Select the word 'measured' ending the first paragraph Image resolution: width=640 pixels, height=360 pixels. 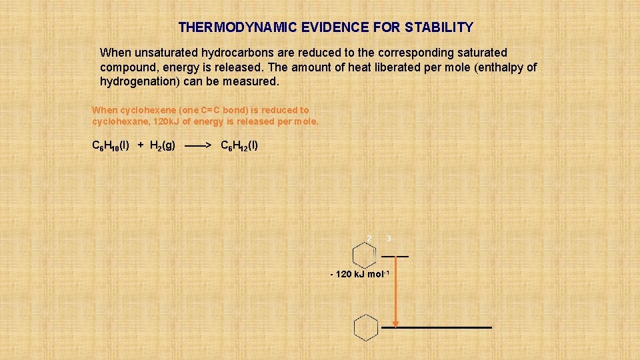point(254,82)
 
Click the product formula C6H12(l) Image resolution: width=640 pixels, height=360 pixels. point(239,145)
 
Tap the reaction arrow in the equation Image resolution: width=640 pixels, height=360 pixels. point(198,145)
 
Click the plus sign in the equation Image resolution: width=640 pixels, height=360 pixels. point(141,145)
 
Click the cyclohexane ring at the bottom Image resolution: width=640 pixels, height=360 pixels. point(366,327)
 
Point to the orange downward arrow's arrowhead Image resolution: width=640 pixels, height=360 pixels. point(395,324)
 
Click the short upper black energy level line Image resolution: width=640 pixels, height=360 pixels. point(395,256)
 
